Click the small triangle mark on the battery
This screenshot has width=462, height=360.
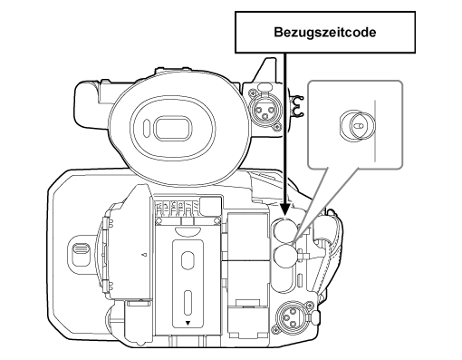coord(188,322)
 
